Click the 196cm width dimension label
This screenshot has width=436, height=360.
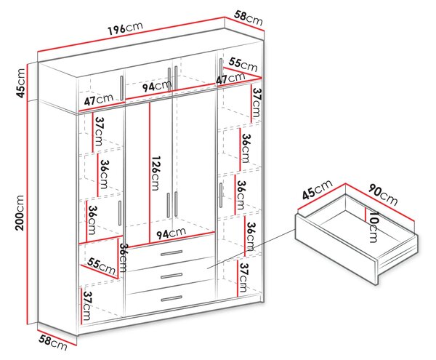(x=126, y=28)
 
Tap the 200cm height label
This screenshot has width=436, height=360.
(x=20, y=212)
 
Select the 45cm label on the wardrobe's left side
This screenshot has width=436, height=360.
(x=20, y=83)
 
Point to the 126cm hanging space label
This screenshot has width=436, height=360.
(x=156, y=173)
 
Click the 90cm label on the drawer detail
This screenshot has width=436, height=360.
(x=383, y=194)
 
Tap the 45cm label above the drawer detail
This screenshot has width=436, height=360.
(x=317, y=190)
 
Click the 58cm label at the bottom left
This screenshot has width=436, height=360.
(x=53, y=343)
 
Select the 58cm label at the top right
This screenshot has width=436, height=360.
(x=248, y=17)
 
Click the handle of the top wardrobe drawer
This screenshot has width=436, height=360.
(x=171, y=253)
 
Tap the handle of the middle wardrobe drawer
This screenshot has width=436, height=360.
(x=171, y=276)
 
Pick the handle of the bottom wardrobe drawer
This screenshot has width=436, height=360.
(x=171, y=298)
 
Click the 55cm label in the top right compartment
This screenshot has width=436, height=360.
(x=243, y=65)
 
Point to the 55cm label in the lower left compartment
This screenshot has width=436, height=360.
(x=101, y=265)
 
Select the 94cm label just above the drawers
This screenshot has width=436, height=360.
(x=171, y=233)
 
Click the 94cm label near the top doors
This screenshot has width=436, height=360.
(x=156, y=86)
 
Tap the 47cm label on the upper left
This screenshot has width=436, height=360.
(x=99, y=100)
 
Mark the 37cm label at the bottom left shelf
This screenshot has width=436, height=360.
(x=87, y=306)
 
